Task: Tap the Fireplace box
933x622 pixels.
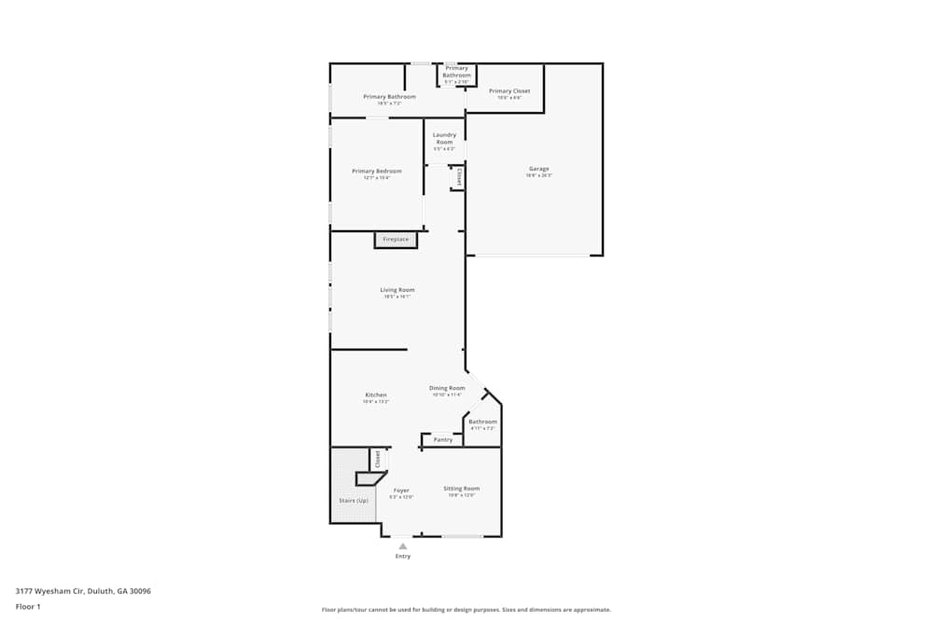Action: pyautogui.click(x=396, y=240)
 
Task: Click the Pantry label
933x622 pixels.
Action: pyautogui.click(x=443, y=439)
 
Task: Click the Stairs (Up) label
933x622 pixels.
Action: pyautogui.click(x=353, y=501)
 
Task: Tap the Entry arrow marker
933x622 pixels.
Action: pyautogui.click(x=403, y=546)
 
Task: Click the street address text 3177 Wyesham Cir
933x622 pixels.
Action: pyautogui.click(x=83, y=590)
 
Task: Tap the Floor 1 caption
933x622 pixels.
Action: pyautogui.click(x=28, y=606)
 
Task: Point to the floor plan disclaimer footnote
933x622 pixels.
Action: pyautogui.click(x=466, y=609)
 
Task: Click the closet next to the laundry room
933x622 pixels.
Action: pyautogui.click(x=458, y=176)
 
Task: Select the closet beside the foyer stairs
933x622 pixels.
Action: pyautogui.click(x=378, y=459)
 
